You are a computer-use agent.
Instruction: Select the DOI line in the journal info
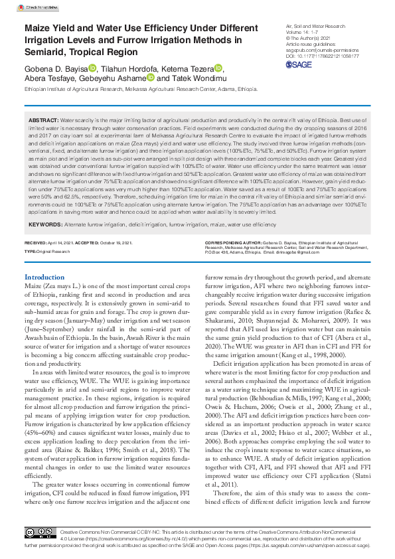323,56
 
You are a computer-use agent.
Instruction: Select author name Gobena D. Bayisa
55,68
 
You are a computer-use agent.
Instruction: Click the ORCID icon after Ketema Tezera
219,68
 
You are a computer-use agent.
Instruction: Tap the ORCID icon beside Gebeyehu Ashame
151,78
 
